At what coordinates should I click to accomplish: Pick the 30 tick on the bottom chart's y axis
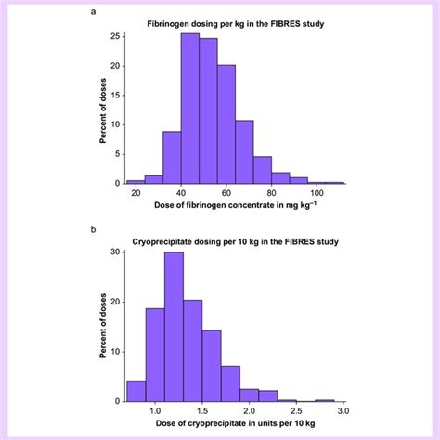[x=113, y=252]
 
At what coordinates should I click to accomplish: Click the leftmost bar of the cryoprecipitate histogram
[x=136, y=391]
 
